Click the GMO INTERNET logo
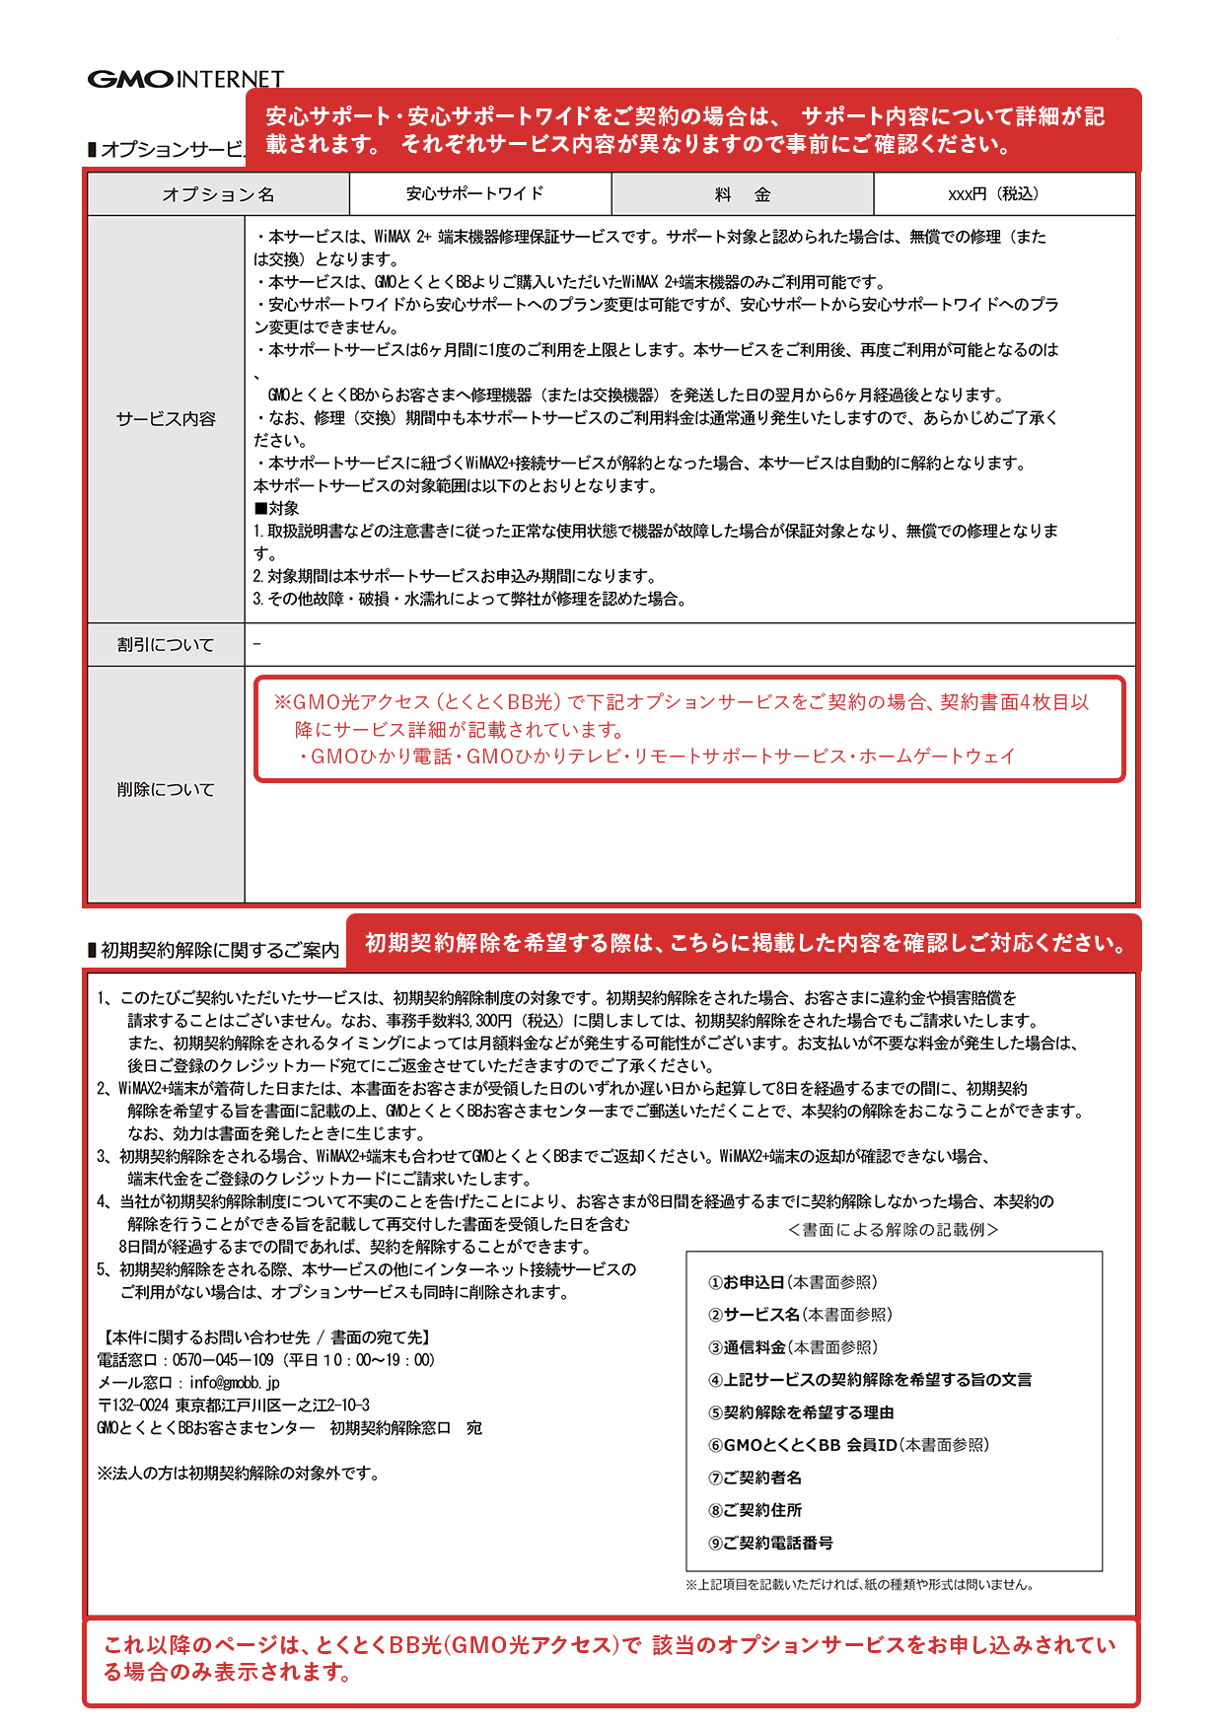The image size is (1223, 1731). [x=185, y=79]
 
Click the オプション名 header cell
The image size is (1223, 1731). [x=218, y=194]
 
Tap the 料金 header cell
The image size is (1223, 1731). [x=742, y=194]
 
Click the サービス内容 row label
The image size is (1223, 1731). [x=166, y=418]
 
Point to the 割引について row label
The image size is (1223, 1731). [x=166, y=644]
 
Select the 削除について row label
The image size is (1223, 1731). [x=166, y=789]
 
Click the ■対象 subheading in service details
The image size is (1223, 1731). [x=276, y=508]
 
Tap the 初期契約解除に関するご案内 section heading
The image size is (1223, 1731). [x=219, y=950]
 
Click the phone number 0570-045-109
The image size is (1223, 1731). [x=223, y=1360]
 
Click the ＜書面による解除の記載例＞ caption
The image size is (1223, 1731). [x=894, y=1230]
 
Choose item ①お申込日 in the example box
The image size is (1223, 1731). [x=792, y=1282]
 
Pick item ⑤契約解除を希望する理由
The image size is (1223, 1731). [x=801, y=1412]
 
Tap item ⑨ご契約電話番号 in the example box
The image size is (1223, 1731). [x=770, y=1543]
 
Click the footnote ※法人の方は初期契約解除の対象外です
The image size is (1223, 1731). [x=238, y=1474]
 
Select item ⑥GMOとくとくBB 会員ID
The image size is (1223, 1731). [x=848, y=1445]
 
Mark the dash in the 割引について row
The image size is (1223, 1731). [x=257, y=644]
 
